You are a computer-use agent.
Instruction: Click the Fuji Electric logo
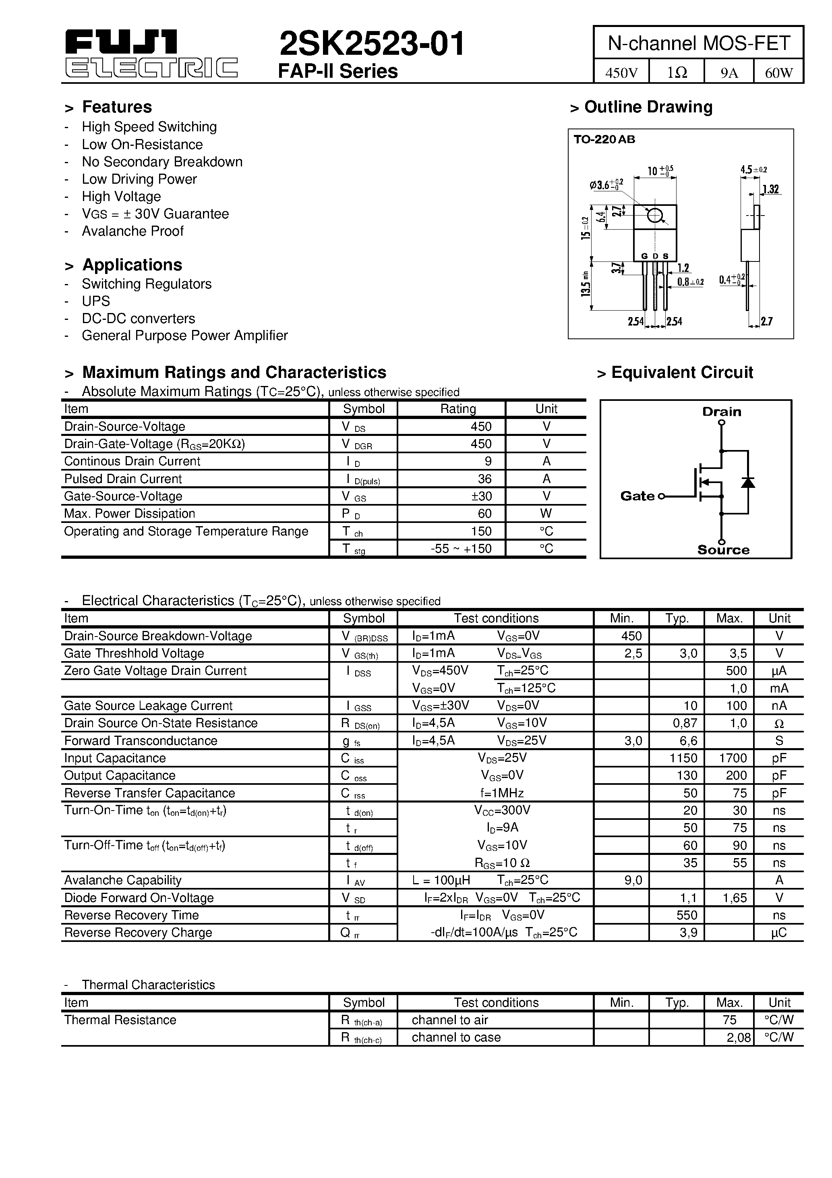pyautogui.click(x=151, y=53)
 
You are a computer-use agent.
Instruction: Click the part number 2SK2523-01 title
pyautogui.click(x=372, y=44)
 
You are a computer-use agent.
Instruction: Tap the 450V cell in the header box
pyautogui.click(x=621, y=73)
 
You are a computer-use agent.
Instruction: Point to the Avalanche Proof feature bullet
pyautogui.click(x=132, y=231)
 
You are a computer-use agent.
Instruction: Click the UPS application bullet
pyautogui.click(x=95, y=301)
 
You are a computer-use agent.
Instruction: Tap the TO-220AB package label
pyautogui.click(x=604, y=139)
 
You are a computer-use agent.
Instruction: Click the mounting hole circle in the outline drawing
pyautogui.click(x=655, y=216)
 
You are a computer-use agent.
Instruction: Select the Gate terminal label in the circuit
pyautogui.click(x=637, y=496)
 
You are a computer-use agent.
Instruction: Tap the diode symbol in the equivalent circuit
pyautogui.click(x=748, y=482)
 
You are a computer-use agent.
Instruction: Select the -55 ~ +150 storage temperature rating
pyautogui.click(x=461, y=548)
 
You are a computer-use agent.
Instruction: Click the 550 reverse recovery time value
pyautogui.click(x=687, y=915)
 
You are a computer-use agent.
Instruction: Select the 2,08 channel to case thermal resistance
pyautogui.click(x=739, y=1037)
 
